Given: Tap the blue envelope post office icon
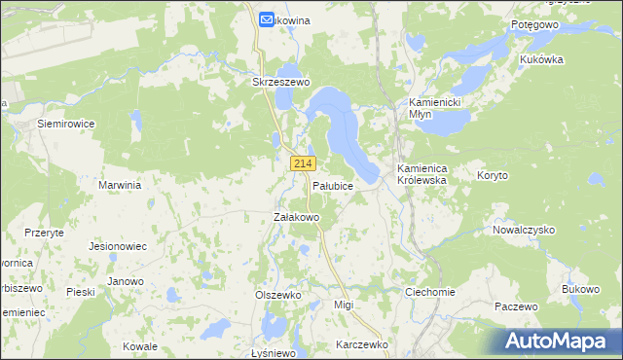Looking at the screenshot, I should pyautogui.click(x=267, y=18).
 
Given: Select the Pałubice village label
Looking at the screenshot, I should pyautogui.click(x=332, y=184).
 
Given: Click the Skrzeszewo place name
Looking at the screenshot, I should pyautogui.click(x=280, y=83).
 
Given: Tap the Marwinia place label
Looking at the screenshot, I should pyautogui.click(x=121, y=184).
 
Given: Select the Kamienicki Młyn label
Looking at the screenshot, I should pyautogui.click(x=433, y=108).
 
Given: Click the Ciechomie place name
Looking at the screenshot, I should pyautogui.click(x=430, y=292).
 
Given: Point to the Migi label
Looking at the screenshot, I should pyautogui.click(x=343, y=305).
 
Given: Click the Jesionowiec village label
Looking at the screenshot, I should pyautogui.click(x=117, y=247).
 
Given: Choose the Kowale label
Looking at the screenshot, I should pyautogui.click(x=140, y=346).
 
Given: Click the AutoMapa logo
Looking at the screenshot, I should pyautogui.click(x=560, y=341).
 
